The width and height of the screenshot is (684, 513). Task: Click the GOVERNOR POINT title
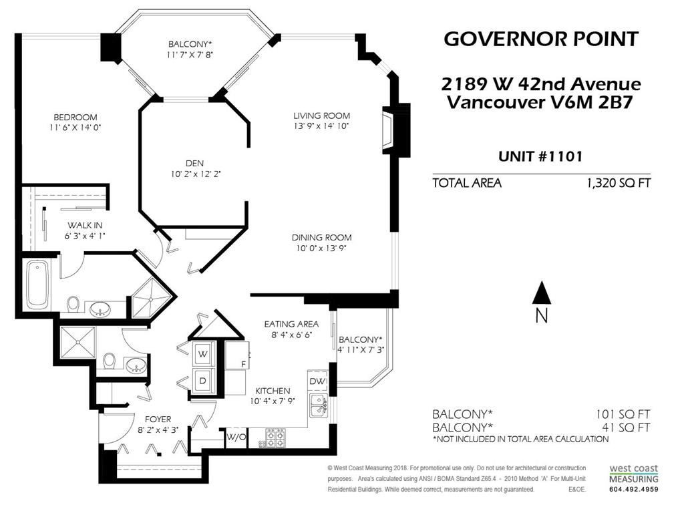point(541,39)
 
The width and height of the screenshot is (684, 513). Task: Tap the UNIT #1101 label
point(540,156)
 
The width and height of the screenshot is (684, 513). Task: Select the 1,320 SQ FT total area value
point(619,183)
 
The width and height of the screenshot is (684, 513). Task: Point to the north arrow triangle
point(542,293)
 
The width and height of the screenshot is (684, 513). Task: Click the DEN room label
point(194,163)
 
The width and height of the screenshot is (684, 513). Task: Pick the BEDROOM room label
point(75,117)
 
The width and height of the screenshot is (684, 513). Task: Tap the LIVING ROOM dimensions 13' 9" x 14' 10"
point(321,126)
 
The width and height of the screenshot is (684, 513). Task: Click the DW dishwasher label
point(317,381)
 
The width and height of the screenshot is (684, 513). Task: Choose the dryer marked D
point(202,380)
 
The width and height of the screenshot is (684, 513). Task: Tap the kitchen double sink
point(319,405)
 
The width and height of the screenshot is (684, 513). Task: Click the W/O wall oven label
point(236,437)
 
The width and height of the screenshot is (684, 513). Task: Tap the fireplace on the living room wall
point(388,130)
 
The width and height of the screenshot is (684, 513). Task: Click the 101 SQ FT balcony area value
point(623,414)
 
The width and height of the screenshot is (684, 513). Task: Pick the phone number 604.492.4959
point(633,489)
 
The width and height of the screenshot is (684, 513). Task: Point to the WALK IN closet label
point(85,225)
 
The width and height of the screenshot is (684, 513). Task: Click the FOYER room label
point(158,419)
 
